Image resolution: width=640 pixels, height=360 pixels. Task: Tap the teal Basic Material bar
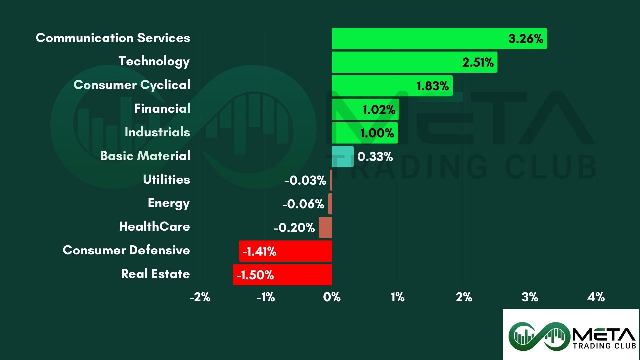tap(343, 156)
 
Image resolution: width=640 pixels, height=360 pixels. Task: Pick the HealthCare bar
tap(325, 227)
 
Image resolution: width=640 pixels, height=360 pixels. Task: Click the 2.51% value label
tap(478, 62)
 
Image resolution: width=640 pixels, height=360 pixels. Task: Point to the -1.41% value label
tap(259, 251)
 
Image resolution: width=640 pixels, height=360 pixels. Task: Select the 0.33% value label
tap(375, 157)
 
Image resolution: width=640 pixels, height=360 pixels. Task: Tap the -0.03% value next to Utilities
tap(305, 180)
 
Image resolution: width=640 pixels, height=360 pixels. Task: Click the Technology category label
tap(154, 61)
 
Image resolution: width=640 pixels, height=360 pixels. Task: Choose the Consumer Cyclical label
tap(132, 85)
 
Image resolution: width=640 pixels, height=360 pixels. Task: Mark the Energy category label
tap(169, 203)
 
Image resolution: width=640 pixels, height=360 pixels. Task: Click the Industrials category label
tap(157, 132)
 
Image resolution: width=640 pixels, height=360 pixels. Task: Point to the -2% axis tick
tap(200, 297)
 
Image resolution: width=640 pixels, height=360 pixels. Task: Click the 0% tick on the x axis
tap(332, 297)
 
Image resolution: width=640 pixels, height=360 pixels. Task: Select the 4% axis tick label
tap(596, 297)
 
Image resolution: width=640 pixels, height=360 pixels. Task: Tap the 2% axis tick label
tap(464, 297)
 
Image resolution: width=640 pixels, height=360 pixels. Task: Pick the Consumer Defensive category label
tap(126, 250)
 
